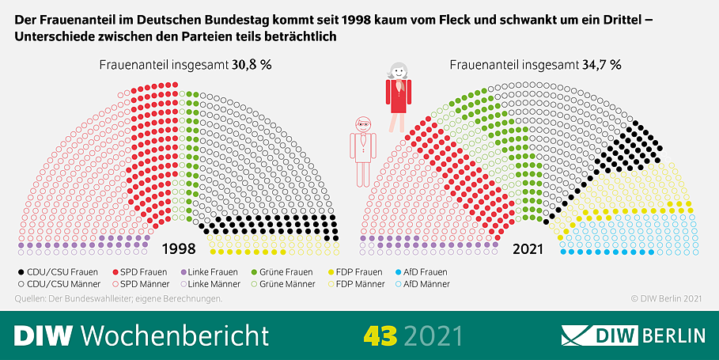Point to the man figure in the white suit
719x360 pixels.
[x=363, y=150]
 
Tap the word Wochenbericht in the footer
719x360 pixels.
[x=175, y=335]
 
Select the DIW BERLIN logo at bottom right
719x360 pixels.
[x=633, y=335]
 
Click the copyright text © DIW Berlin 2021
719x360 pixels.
[x=666, y=298]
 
